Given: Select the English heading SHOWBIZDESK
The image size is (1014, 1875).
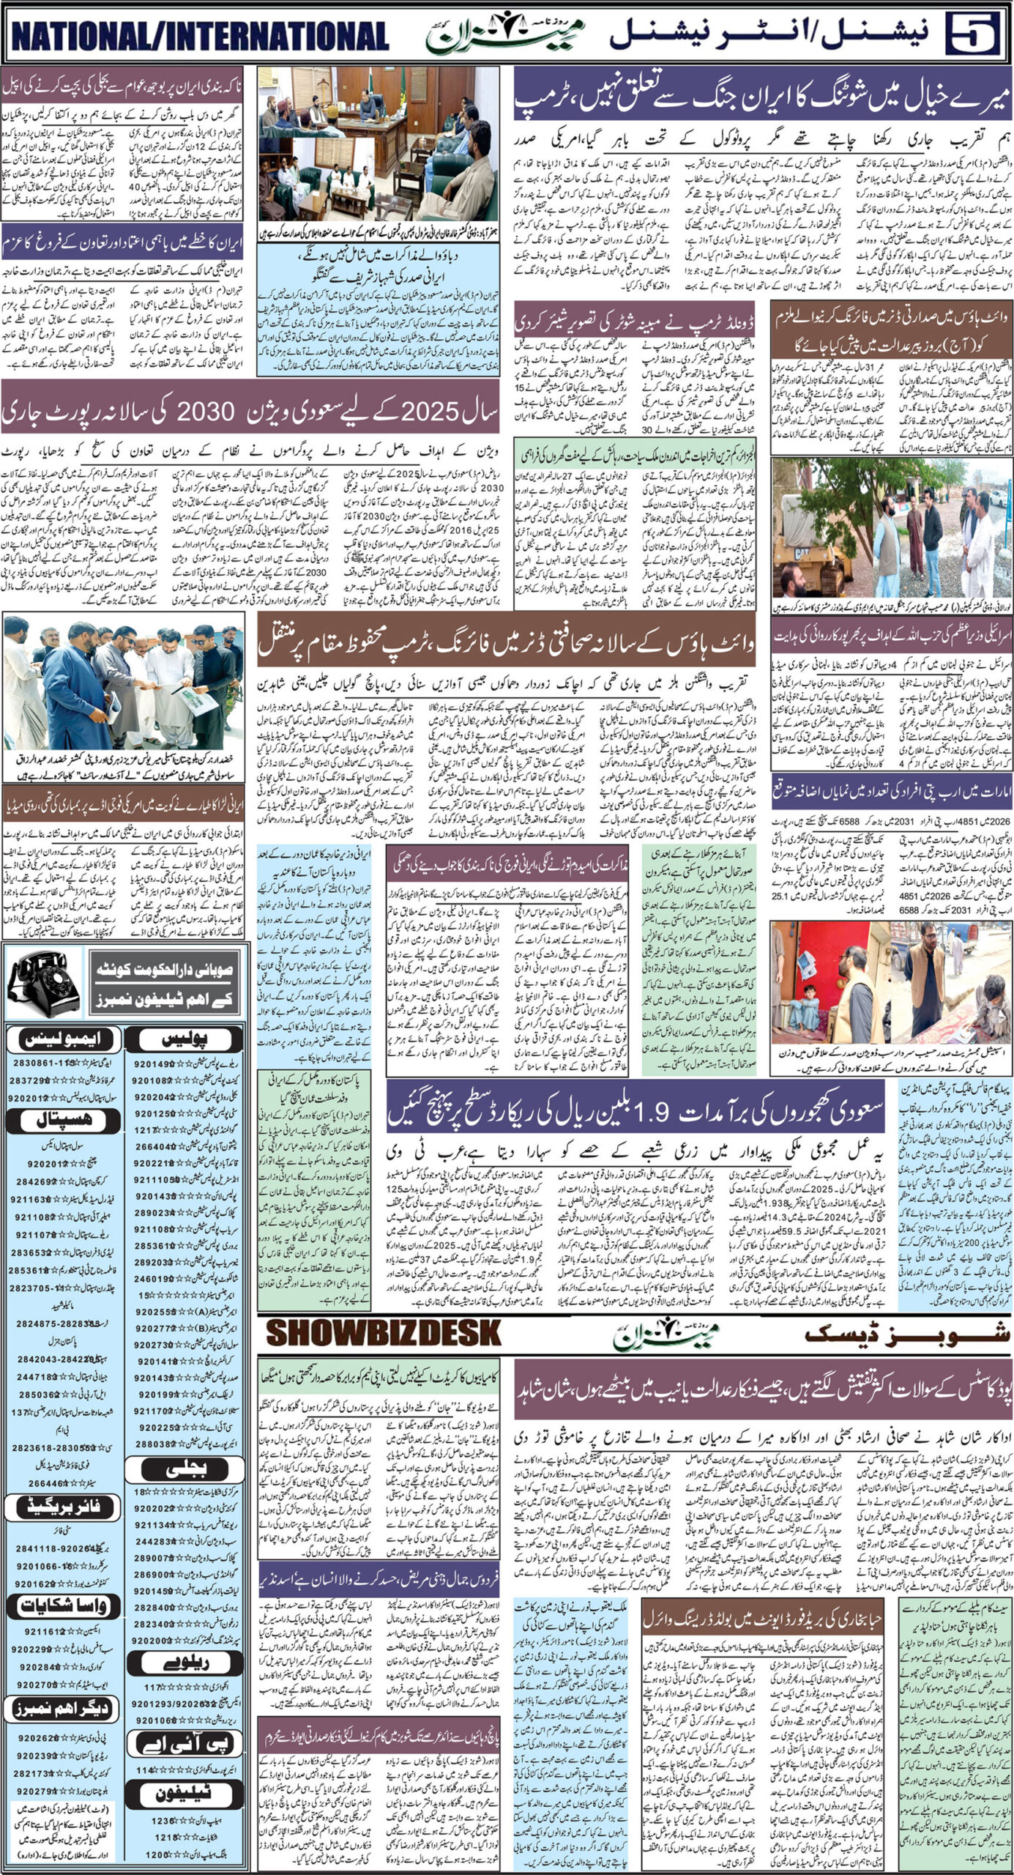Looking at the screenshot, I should [384, 1334].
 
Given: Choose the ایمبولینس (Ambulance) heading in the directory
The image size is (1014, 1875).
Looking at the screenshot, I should [59, 1039].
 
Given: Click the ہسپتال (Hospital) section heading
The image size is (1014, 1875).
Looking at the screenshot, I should [59, 1121].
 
